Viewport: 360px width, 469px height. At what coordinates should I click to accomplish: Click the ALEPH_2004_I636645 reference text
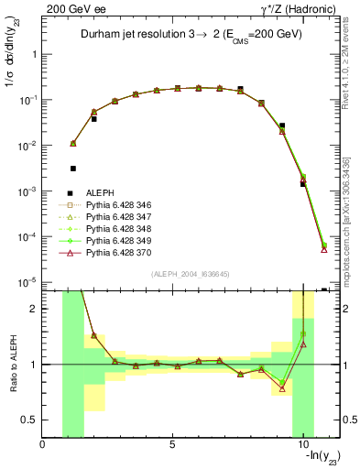click(190, 275)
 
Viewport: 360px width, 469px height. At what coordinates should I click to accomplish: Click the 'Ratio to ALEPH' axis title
click(13, 364)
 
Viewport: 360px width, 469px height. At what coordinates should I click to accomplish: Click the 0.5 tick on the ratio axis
click(31, 420)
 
